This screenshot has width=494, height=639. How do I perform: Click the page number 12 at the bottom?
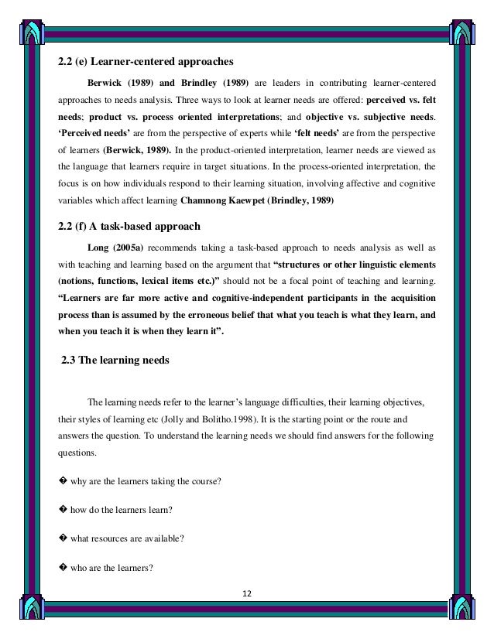coord(248,594)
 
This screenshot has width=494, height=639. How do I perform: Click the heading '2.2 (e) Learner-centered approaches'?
coord(146,61)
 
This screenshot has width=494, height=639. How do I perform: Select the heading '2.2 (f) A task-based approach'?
coord(129,227)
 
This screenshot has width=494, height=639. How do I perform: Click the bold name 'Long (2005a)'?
coord(117,248)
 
